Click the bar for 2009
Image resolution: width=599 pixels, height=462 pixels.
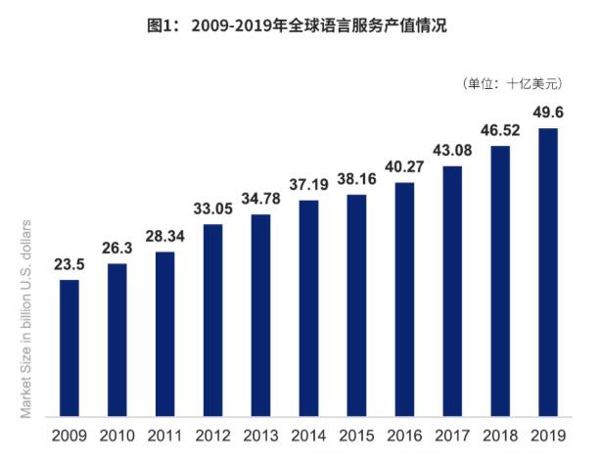click(x=69, y=348)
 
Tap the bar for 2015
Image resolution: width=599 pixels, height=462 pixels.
click(x=356, y=306)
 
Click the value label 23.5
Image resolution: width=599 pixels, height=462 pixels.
click(x=69, y=264)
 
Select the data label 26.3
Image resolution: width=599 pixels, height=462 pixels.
click(x=116, y=248)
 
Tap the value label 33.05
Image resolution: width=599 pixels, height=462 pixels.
click(x=212, y=208)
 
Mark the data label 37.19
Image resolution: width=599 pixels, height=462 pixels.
click(x=308, y=184)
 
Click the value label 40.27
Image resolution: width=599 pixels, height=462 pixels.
click(x=404, y=166)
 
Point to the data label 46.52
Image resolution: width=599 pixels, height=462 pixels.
click(x=500, y=130)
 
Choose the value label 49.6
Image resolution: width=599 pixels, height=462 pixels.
click(x=548, y=113)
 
